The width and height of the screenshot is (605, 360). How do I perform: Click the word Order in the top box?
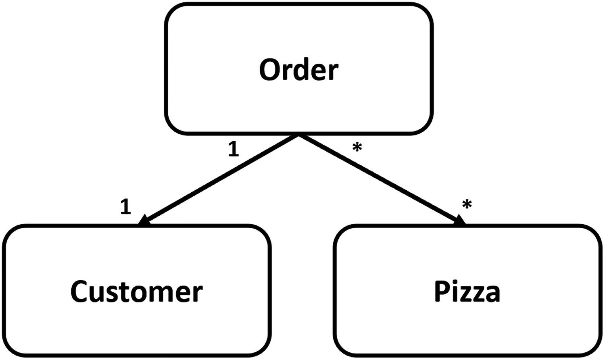click(x=298, y=70)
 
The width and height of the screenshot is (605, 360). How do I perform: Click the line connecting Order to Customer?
click(x=220, y=179)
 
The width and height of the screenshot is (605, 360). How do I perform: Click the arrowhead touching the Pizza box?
click(x=460, y=220)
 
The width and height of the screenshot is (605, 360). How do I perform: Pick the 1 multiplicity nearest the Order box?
click(x=234, y=149)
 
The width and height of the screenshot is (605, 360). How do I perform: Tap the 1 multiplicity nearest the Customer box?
click(x=126, y=207)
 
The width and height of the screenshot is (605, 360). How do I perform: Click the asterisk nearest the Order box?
click(x=357, y=148)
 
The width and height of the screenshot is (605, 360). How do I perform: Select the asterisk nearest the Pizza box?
click(x=467, y=205)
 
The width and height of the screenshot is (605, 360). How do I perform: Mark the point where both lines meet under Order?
click(x=298, y=135)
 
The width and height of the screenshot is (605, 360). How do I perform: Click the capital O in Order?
click(x=270, y=70)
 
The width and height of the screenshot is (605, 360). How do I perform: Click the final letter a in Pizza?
click(x=492, y=293)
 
